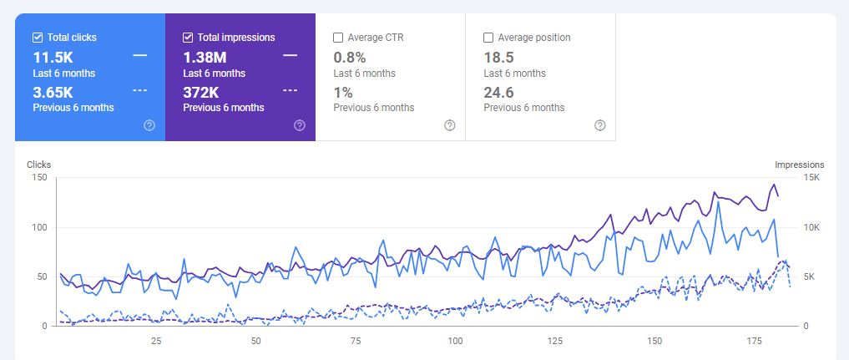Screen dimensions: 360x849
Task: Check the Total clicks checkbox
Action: click(x=38, y=38)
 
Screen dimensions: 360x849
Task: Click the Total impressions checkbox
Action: click(x=188, y=38)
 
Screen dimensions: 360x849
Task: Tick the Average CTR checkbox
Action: click(x=338, y=38)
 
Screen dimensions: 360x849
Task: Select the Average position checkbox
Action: click(x=488, y=38)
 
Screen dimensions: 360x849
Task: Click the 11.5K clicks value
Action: click(x=53, y=58)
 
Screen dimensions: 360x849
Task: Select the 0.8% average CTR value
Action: click(x=349, y=58)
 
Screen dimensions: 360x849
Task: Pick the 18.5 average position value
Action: click(x=499, y=58)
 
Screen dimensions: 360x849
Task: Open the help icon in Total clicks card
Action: click(x=149, y=125)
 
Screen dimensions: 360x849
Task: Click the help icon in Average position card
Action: click(x=600, y=125)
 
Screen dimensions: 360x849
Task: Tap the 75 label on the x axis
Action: click(x=356, y=341)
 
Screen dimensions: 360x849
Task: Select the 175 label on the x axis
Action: click(x=754, y=341)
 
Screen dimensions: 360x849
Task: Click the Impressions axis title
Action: click(x=799, y=165)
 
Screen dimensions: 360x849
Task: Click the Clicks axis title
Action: click(x=39, y=165)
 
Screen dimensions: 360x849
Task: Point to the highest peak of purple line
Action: click(x=774, y=185)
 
